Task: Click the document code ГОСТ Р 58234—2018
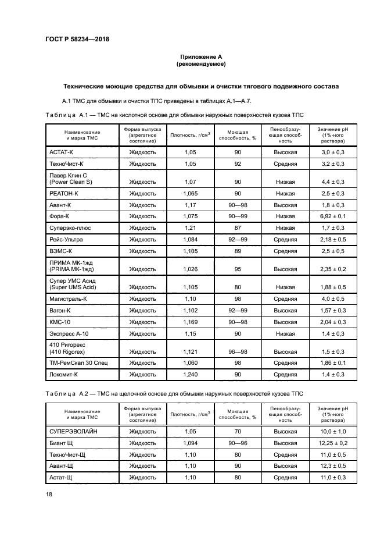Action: pos(77,39)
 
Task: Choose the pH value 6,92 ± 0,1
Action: pos(333,216)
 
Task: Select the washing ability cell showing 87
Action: pos(238,227)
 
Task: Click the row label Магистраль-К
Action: pos(69,298)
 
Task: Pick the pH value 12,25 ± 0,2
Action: pos(333,443)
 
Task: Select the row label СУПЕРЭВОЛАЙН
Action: pos(74,431)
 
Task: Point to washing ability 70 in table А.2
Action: pos(238,431)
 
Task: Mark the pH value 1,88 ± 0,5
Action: pos(333,287)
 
